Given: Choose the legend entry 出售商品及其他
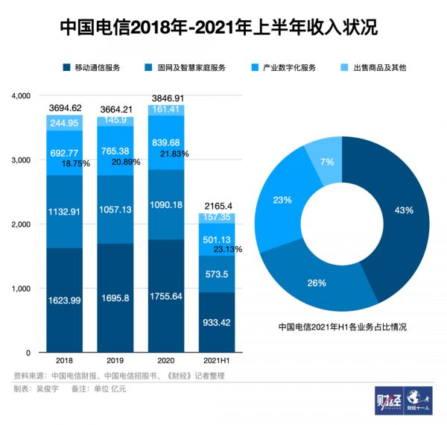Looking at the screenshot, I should (380, 68).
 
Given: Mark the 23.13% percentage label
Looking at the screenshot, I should (228, 249).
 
